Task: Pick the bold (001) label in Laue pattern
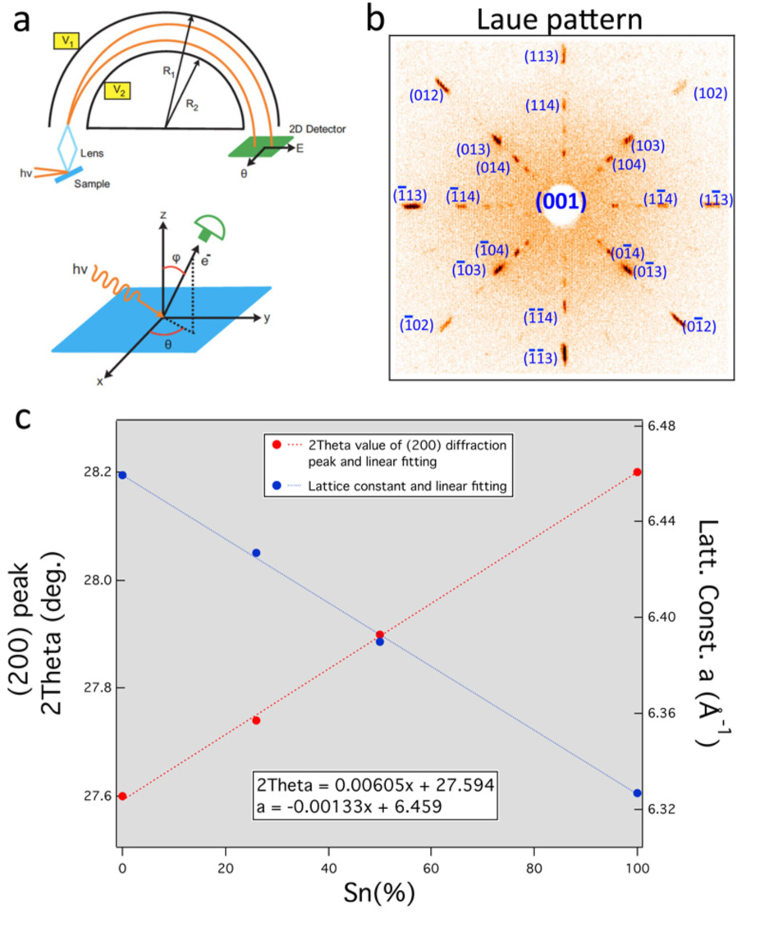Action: coord(561,202)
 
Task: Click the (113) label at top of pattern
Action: coord(543,57)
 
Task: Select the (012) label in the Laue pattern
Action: coord(426,96)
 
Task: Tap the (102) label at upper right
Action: coord(711,93)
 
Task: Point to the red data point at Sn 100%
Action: coord(637,472)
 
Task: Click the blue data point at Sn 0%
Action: coord(122,475)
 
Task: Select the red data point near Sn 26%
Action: coord(256,720)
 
